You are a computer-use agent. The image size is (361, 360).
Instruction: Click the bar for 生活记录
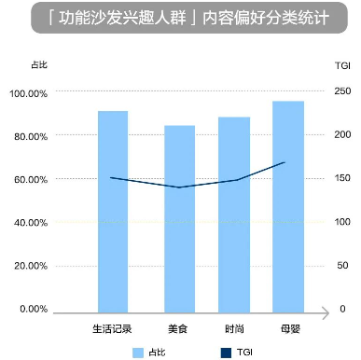[x=113, y=210]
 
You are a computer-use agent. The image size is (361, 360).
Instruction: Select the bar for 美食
[x=179, y=216]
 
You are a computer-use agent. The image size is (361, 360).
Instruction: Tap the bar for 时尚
[x=234, y=213]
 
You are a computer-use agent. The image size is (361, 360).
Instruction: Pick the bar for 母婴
[x=288, y=204]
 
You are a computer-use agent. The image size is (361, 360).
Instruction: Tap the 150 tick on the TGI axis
[x=343, y=178]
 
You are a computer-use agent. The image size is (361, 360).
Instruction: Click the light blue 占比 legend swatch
[x=140, y=352]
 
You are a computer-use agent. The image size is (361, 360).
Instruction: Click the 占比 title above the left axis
[x=37, y=65]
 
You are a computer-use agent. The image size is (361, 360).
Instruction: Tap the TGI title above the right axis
[x=341, y=65]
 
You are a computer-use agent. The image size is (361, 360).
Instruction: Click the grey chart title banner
[x=179, y=19]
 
